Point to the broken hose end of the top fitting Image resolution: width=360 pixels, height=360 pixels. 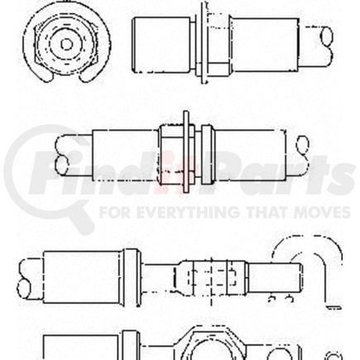[323, 36]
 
